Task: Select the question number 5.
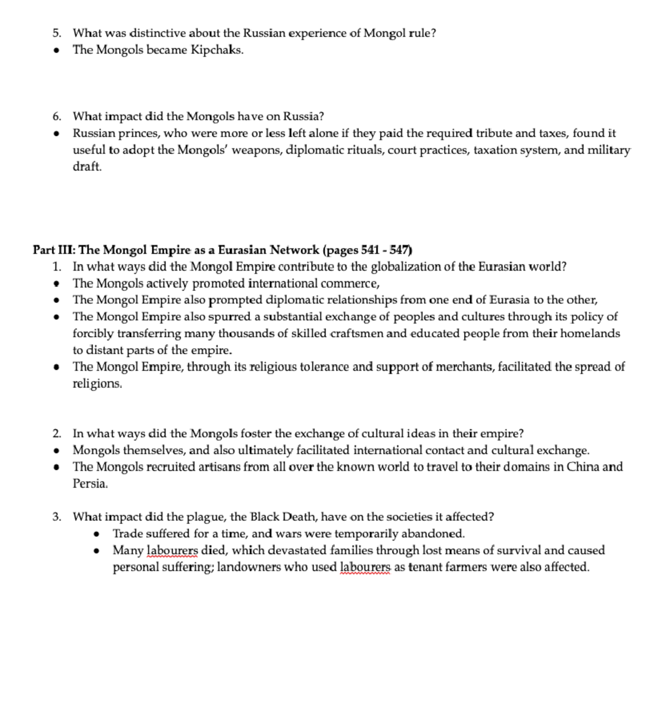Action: click(56, 33)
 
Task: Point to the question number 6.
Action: click(56, 116)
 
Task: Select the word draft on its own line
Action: click(87, 167)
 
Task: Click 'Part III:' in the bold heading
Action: click(54, 250)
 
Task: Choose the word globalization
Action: click(405, 267)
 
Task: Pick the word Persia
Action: click(89, 484)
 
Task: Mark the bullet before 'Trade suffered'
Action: click(97, 534)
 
